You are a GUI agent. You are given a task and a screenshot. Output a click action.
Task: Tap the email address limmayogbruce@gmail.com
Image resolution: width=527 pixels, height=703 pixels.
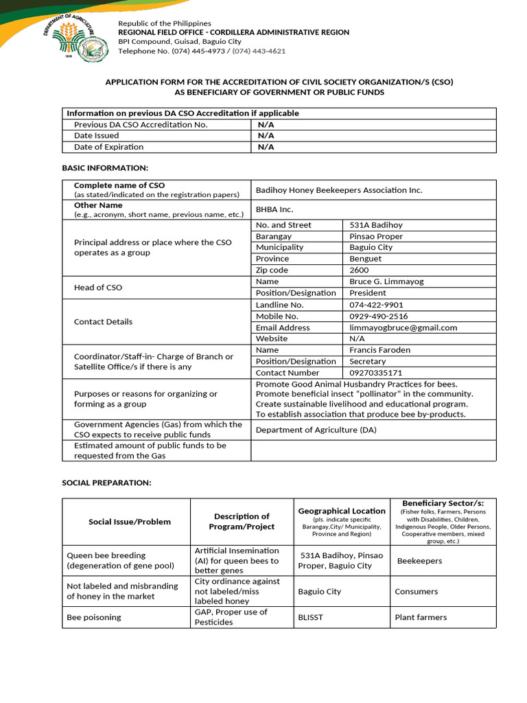403,327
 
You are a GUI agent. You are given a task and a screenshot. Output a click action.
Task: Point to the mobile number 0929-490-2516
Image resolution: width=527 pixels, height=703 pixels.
378,316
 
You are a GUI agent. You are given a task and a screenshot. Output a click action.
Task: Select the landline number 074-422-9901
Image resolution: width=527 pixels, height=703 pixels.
376,305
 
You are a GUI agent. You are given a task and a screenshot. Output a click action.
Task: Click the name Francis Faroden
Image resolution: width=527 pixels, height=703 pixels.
380,350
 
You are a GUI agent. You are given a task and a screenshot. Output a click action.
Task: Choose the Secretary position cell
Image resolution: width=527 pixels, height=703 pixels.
368,361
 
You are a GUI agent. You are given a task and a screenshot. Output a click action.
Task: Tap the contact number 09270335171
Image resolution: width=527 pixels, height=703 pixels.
376,373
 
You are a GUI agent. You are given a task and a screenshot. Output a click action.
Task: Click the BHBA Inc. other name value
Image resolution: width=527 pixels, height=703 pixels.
274,209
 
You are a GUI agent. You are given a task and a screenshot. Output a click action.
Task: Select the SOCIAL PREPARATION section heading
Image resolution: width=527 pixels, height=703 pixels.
106,483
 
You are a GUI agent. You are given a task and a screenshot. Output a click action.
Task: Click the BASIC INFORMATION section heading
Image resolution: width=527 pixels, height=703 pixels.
105,168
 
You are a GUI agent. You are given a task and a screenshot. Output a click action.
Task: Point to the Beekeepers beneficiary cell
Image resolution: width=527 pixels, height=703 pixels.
419,561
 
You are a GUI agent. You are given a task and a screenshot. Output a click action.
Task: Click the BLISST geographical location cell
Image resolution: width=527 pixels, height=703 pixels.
310,617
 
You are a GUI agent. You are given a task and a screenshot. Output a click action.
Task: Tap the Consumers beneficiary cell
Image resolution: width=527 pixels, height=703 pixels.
416,591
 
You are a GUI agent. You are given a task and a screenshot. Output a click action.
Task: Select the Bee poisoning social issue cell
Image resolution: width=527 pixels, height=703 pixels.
93,617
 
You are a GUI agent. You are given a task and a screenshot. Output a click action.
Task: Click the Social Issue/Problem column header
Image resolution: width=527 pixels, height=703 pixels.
129,522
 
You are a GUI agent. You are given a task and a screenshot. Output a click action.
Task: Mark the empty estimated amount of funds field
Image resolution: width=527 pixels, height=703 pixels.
373,450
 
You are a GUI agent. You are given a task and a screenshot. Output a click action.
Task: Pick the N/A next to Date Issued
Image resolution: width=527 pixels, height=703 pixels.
266,136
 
